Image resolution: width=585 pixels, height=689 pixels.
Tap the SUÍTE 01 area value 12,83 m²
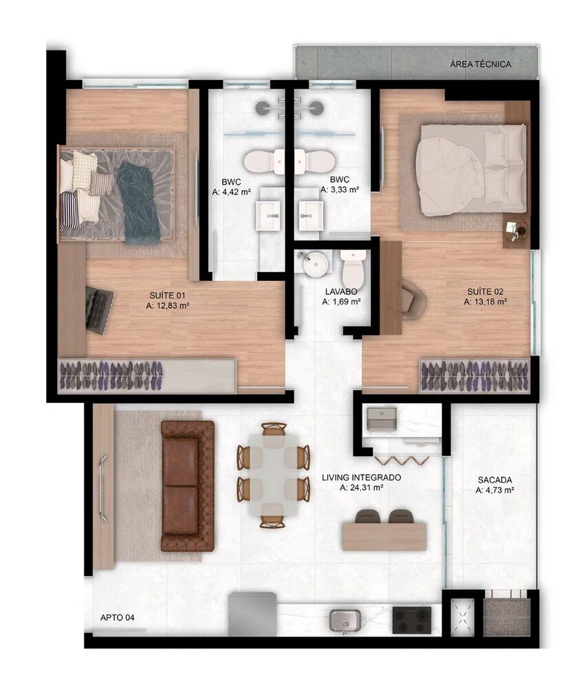point(169,305)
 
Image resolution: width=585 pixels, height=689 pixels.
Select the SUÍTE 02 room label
point(486,291)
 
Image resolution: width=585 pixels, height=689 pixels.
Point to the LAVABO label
point(342,291)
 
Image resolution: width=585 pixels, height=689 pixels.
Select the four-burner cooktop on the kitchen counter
point(412,620)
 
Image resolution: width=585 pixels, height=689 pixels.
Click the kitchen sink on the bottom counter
point(345,620)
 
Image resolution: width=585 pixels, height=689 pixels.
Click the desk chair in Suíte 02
point(414,299)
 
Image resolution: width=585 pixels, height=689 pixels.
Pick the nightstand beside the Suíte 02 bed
point(515,231)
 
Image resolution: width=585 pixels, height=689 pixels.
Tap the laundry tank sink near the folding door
point(381,418)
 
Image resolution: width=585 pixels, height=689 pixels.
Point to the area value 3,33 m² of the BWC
point(339,189)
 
